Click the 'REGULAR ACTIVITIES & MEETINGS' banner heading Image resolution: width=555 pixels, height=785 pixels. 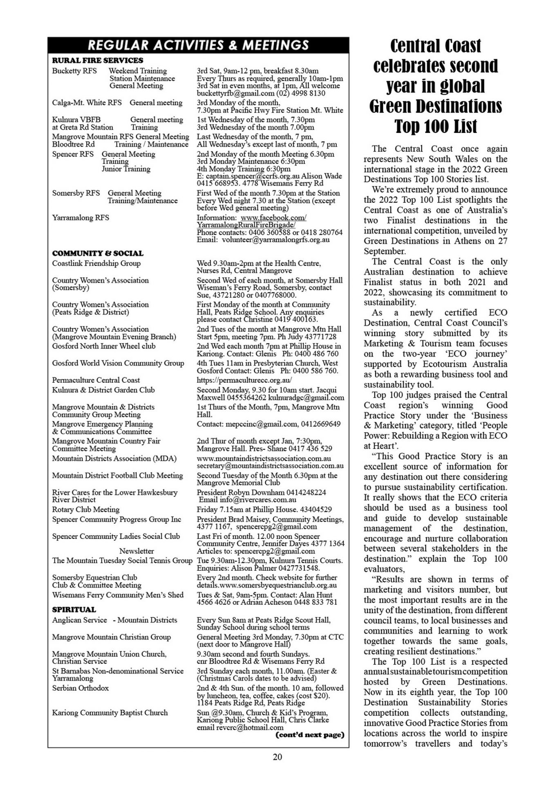[198, 45]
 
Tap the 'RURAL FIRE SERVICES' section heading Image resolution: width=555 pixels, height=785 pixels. [98, 61]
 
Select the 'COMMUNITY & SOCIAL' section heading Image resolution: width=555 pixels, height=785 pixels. [98, 253]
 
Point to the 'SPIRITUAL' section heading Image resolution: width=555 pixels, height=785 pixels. [74, 610]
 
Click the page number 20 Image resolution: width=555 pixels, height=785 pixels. [277, 757]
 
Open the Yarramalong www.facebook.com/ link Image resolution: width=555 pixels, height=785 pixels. [273, 218]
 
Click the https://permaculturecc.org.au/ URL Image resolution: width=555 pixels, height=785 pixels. [244, 380]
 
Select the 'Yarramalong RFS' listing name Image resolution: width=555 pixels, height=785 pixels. [81, 218]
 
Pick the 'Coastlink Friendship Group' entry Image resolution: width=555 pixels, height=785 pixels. [96, 263]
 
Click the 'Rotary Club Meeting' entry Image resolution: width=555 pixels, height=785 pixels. [86, 509]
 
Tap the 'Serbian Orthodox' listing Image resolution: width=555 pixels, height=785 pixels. [81, 688]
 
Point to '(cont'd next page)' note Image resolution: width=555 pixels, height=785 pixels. [310, 735]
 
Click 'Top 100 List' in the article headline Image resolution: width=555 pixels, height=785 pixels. [436, 126]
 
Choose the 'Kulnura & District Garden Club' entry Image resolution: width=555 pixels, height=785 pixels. [103, 390]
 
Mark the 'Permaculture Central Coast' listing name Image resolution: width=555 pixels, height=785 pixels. [96, 380]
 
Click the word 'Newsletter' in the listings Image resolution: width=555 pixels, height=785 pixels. [137, 551]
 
